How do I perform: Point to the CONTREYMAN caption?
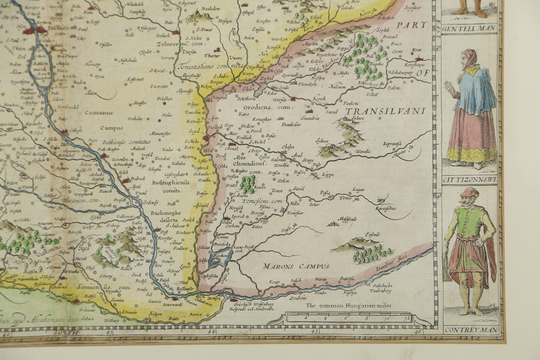click(468, 329)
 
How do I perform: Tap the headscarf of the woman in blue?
click(469, 58)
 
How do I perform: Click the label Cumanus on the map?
click(98, 113)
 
